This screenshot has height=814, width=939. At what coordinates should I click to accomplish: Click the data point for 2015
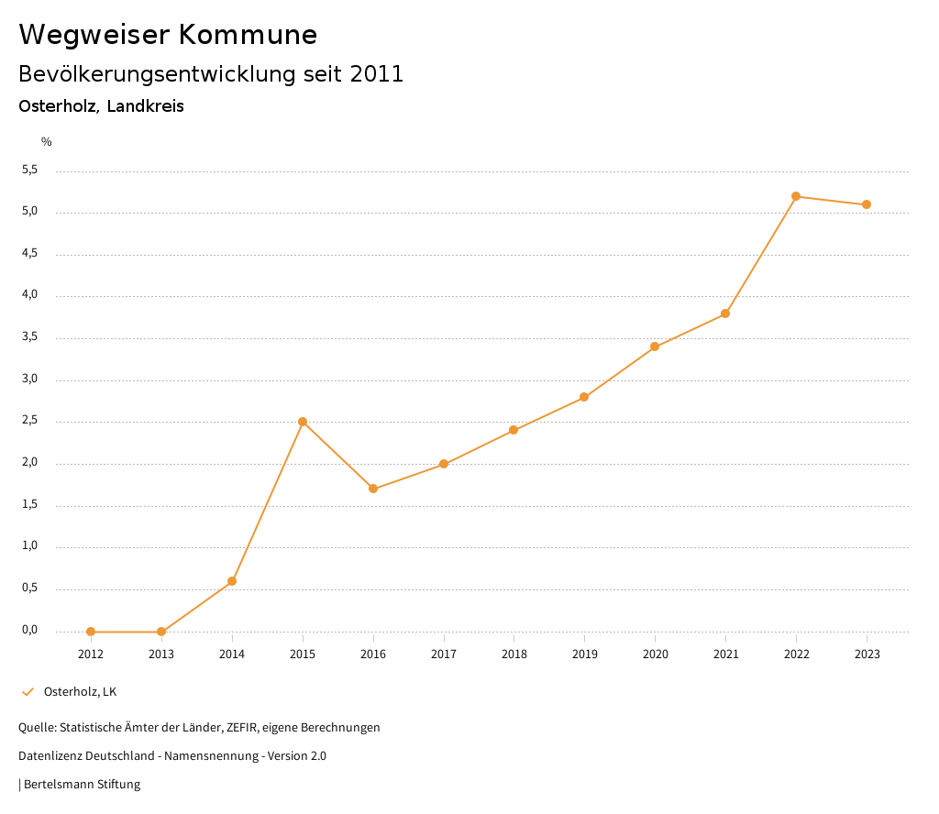[303, 422]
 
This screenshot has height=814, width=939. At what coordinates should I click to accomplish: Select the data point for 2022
[796, 196]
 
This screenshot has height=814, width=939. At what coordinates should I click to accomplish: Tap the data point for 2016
[373, 489]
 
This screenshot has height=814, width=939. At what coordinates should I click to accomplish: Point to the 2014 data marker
[232, 581]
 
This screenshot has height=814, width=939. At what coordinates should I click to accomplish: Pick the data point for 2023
[867, 204]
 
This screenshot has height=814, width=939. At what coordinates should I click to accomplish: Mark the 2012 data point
[91, 632]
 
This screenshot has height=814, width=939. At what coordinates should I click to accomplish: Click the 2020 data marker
[655, 346]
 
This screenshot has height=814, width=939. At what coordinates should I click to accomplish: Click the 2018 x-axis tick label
[514, 654]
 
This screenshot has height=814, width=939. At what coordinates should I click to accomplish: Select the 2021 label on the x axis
[725, 654]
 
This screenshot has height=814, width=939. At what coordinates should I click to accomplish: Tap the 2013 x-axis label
[161, 654]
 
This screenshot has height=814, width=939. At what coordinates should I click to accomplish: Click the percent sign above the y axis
[47, 141]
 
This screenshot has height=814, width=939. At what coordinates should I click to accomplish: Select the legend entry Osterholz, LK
[80, 691]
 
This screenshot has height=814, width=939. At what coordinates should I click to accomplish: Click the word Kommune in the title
[248, 35]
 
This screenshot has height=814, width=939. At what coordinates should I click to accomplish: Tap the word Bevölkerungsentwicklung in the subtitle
[157, 74]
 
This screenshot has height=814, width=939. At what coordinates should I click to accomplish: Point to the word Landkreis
[145, 106]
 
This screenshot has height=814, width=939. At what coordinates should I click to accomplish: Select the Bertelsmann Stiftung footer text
[82, 784]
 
